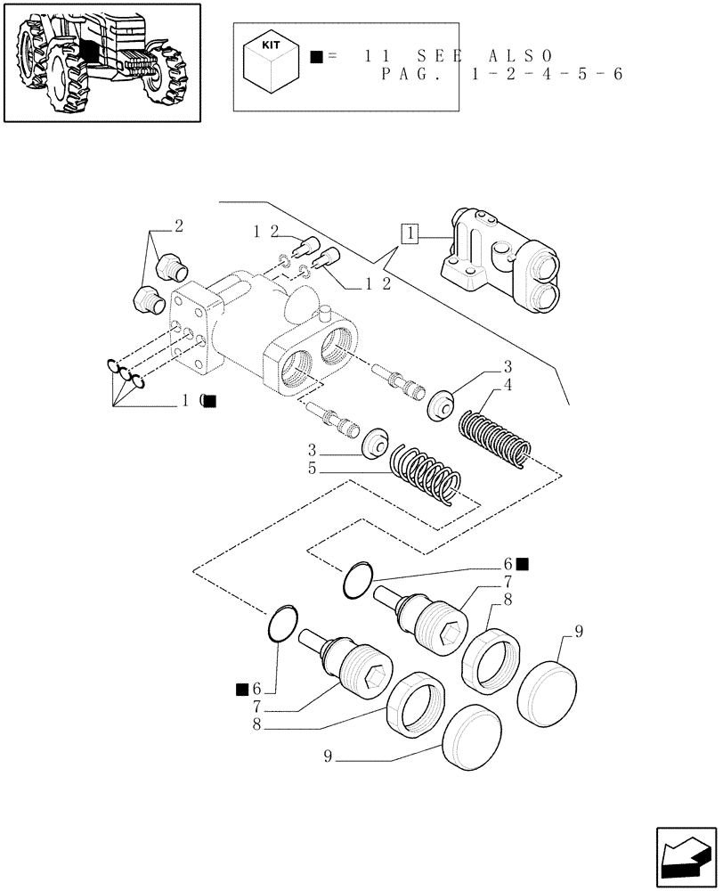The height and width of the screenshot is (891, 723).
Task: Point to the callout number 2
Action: pos(178,226)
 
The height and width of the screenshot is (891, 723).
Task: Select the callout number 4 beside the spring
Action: pos(507,384)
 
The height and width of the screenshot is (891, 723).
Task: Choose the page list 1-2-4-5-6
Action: pos(540,74)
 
